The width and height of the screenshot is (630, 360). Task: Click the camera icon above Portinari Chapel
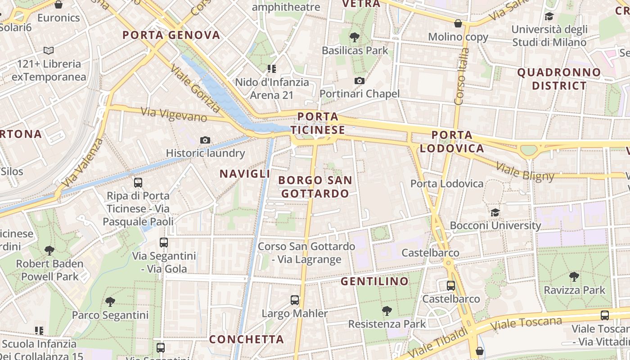(x=359, y=81)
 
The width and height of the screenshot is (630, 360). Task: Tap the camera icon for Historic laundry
(x=205, y=140)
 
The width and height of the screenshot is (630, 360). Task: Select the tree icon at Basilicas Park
(x=355, y=37)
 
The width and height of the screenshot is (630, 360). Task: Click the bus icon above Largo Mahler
(x=295, y=300)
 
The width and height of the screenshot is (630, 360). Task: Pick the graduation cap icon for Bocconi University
(x=495, y=212)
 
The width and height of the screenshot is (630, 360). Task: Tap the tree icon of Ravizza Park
(x=574, y=277)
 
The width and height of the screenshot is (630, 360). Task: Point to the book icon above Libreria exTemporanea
(x=49, y=51)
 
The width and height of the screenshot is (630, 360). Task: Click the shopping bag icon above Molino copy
(x=458, y=23)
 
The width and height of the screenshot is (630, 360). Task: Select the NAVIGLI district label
(x=245, y=174)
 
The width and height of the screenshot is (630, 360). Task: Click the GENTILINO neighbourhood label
(x=374, y=282)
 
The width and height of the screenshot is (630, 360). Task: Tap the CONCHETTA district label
(x=247, y=339)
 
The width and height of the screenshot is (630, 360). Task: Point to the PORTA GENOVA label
(x=171, y=35)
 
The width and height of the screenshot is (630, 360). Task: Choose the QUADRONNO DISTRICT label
(x=559, y=79)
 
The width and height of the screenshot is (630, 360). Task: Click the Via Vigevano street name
(x=174, y=114)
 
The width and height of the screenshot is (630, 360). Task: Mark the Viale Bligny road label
(x=525, y=171)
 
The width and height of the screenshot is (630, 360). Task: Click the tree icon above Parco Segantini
(x=110, y=301)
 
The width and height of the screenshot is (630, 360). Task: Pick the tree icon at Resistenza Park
(x=387, y=310)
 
